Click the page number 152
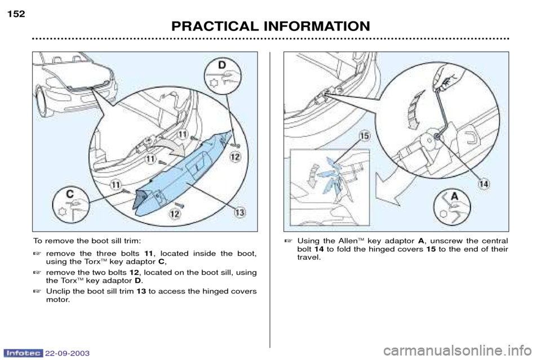pyautogui.click(x=16, y=14)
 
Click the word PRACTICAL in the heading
pyautogui.click(x=213, y=26)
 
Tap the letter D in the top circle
pyautogui.click(x=221, y=65)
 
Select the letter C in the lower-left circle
pyautogui.click(x=70, y=194)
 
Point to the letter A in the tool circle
pyautogui.click(x=455, y=196)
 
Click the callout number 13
pyautogui.click(x=240, y=212)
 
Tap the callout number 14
pyautogui.click(x=484, y=184)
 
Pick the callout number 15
pyautogui.click(x=364, y=136)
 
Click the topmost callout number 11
pyautogui.click(x=182, y=134)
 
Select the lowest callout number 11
pyautogui.click(x=116, y=185)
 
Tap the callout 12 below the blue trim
pyautogui.click(x=175, y=214)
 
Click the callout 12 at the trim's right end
pyautogui.click(x=236, y=157)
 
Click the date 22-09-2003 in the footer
pyautogui.click(x=67, y=353)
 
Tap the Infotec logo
pyautogui.click(x=23, y=353)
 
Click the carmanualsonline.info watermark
pyautogui.click(x=460, y=352)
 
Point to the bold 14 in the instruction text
pyautogui.click(x=320, y=249)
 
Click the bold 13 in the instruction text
pyautogui.click(x=141, y=291)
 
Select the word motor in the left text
pyautogui.click(x=57, y=300)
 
